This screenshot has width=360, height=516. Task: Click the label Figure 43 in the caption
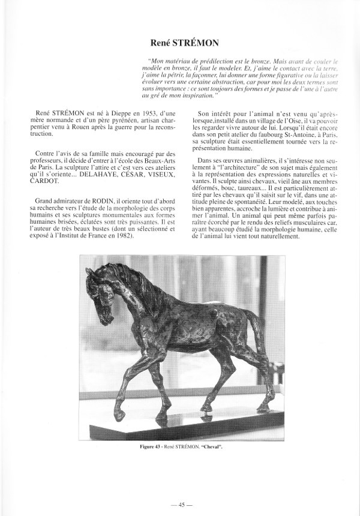click(x=150, y=449)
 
